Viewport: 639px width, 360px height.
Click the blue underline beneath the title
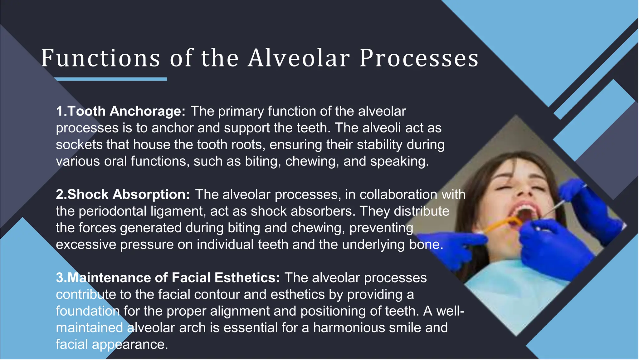(111, 79)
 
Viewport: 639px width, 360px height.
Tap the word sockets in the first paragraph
(79, 145)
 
